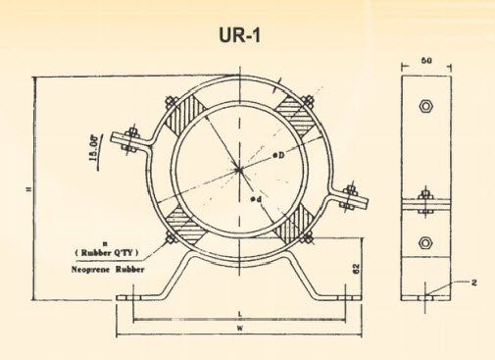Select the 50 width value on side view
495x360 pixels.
426,61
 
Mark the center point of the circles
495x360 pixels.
238,171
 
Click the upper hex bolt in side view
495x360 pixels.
425,105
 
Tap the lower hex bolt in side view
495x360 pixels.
425,241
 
